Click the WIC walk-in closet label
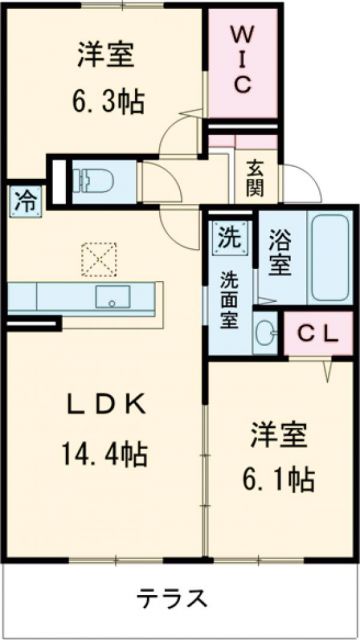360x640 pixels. [x=242, y=59]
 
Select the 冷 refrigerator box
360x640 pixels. [x=23, y=198]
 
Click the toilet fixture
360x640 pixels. [x=92, y=179]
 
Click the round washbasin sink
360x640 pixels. [x=265, y=333]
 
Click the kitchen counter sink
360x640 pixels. [x=111, y=296]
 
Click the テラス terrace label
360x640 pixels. [x=173, y=599]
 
